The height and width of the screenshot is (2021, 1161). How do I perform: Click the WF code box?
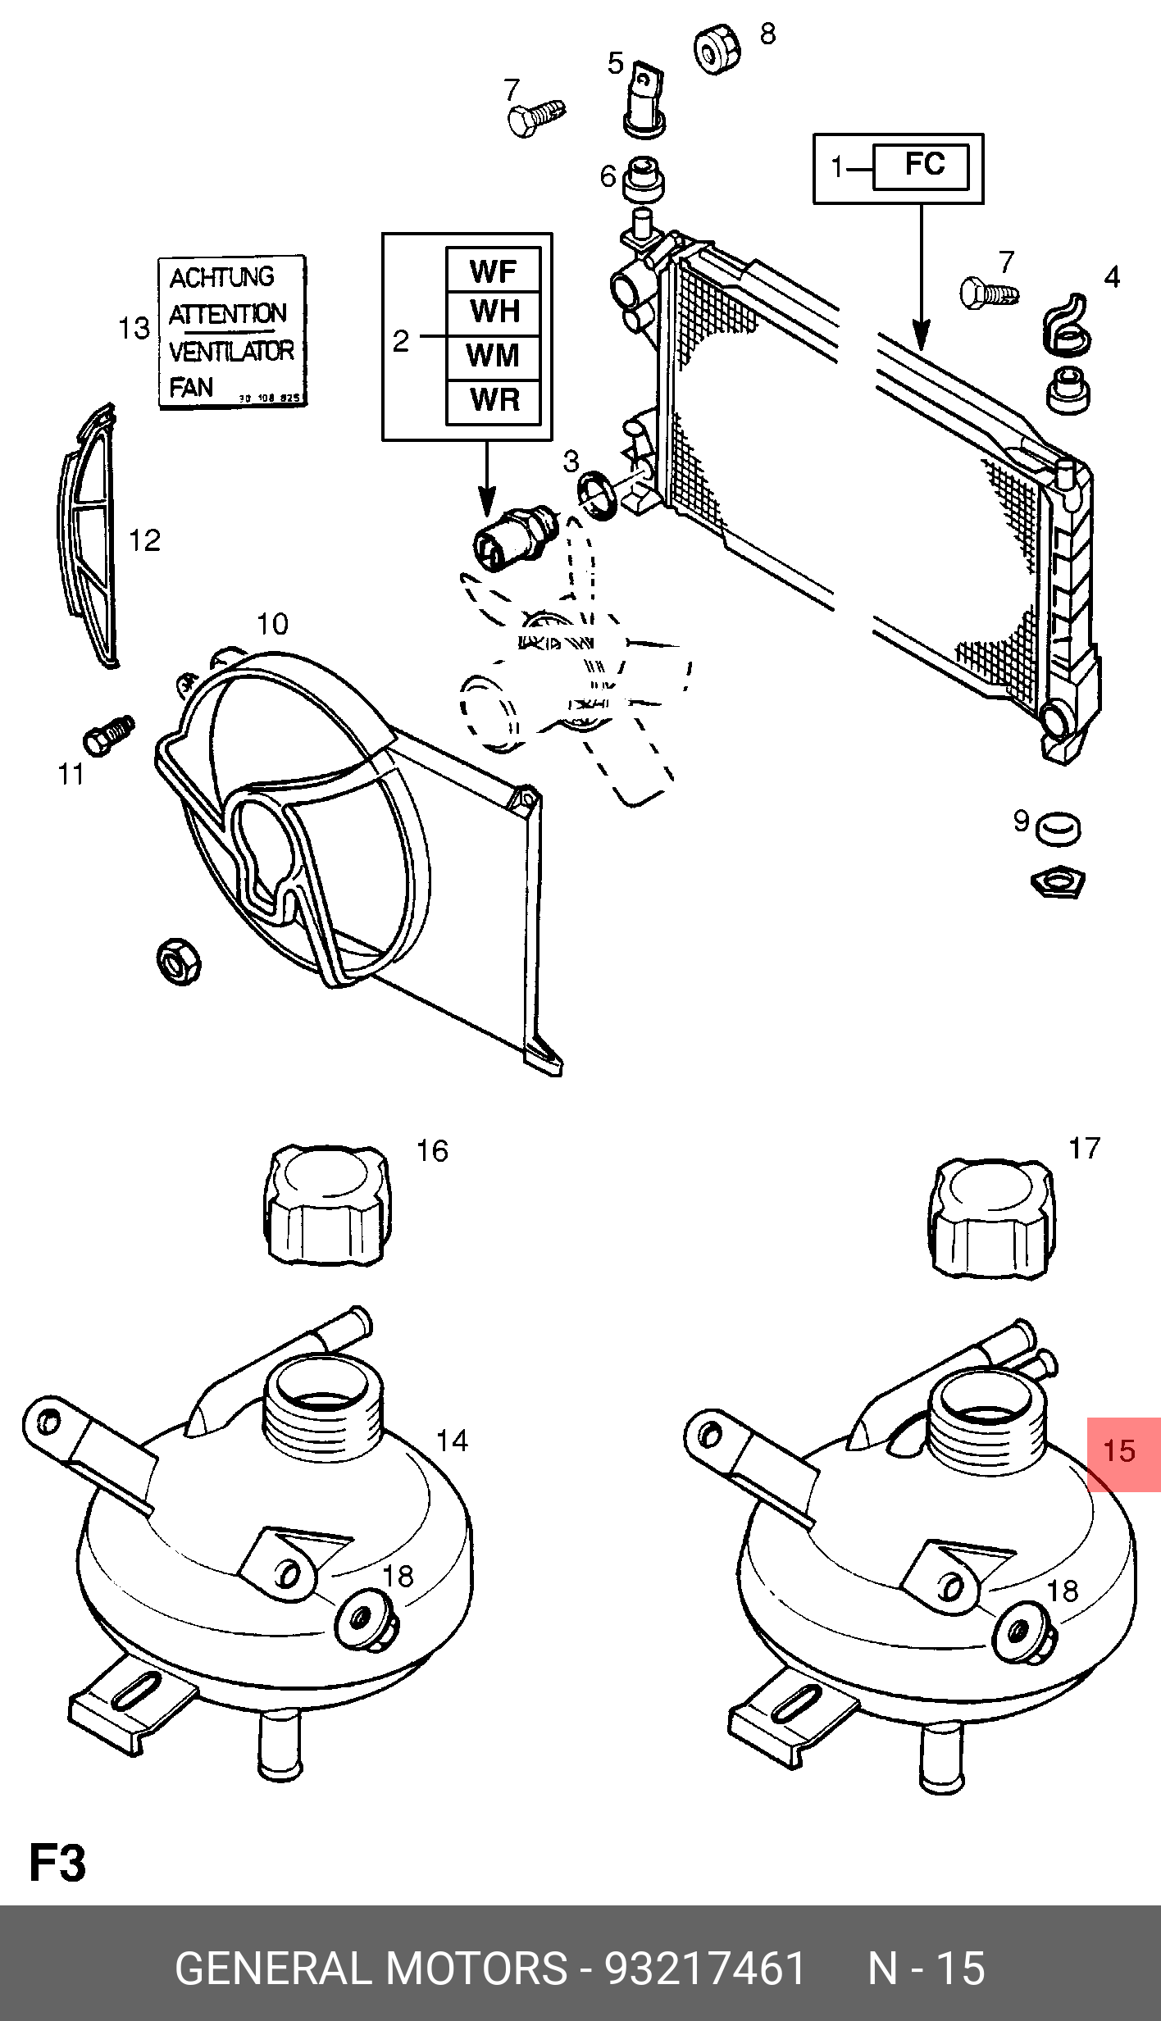(x=493, y=270)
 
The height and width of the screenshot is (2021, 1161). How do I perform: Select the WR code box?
(x=493, y=401)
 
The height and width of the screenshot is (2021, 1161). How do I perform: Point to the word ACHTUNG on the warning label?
(x=221, y=278)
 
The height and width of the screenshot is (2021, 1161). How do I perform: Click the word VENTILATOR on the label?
(x=231, y=352)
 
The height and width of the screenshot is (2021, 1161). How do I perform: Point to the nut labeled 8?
(x=717, y=50)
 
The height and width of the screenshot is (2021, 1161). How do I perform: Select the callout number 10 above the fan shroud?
(x=272, y=625)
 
